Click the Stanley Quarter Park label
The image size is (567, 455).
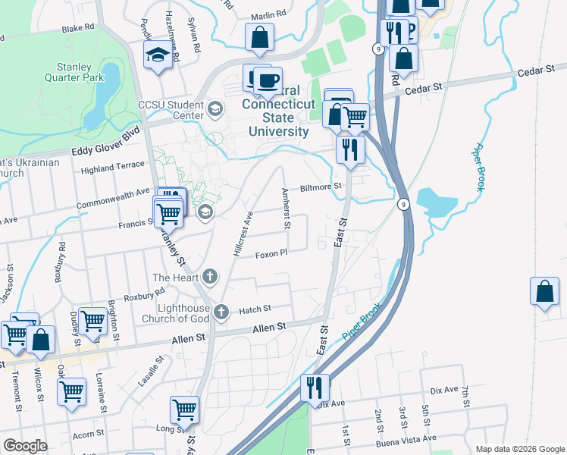[x=74, y=71]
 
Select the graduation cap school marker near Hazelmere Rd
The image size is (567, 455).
[x=158, y=55]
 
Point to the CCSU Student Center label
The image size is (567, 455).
[x=171, y=110]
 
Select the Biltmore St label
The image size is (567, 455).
[x=321, y=186]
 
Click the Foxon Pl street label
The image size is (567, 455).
[x=271, y=254]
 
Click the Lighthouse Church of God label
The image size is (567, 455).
[x=171, y=313]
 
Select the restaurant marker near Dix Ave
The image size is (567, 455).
[x=314, y=387]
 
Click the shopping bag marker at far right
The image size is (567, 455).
[x=544, y=291]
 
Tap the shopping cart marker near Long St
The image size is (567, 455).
[x=184, y=409]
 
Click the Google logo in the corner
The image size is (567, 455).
[x=24, y=446]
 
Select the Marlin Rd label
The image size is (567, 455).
[x=270, y=14]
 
